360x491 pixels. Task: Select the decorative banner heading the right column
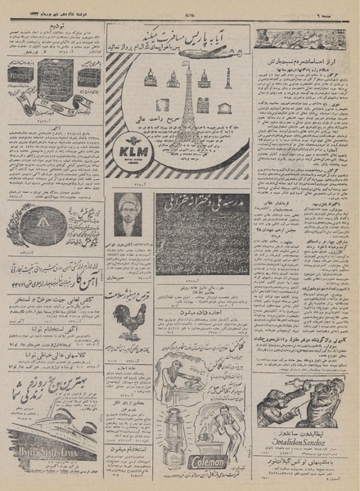[298, 38]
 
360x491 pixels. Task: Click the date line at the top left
[45, 11]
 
